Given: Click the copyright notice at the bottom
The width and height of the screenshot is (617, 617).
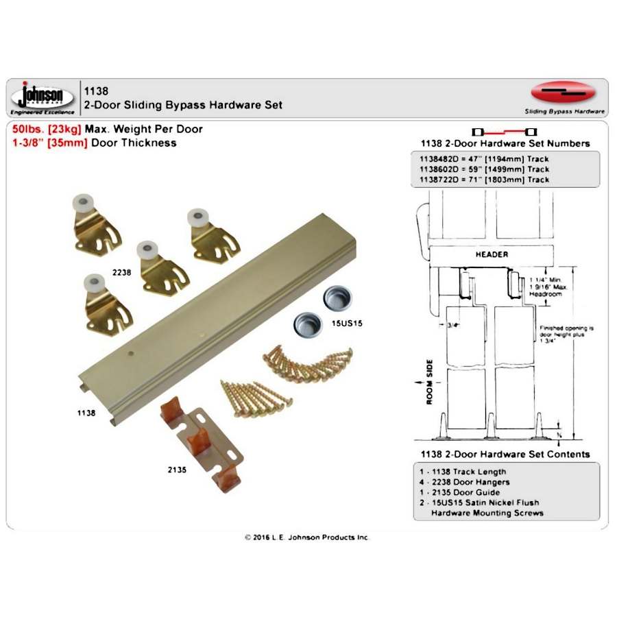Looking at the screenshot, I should pyautogui.click(x=307, y=537).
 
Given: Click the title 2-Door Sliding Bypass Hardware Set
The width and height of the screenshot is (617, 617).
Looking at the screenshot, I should pyautogui.click(x=182, y=105).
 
